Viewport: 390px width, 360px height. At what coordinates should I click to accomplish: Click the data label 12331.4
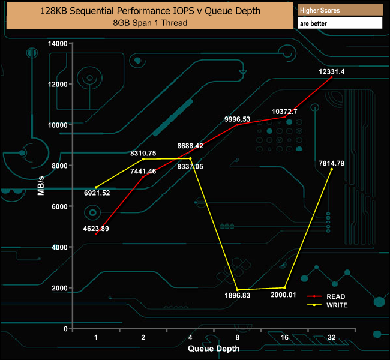coord(331,72)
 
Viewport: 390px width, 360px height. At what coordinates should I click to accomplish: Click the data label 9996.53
coord(237,119)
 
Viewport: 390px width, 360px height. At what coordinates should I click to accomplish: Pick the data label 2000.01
coord(283,295)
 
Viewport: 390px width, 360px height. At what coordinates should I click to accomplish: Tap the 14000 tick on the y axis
coord(58,43)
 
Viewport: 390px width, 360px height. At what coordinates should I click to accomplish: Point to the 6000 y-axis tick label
coord(59,206)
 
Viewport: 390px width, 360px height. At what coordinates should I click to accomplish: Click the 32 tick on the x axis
coord(332,338)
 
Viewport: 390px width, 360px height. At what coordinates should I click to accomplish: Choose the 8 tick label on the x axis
coord(238,338)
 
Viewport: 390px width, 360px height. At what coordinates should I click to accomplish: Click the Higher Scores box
coord(340,10)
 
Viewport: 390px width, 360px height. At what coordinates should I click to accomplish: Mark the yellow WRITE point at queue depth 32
coord(331,169)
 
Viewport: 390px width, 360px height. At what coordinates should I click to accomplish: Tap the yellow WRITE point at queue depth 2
coord(143,159)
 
